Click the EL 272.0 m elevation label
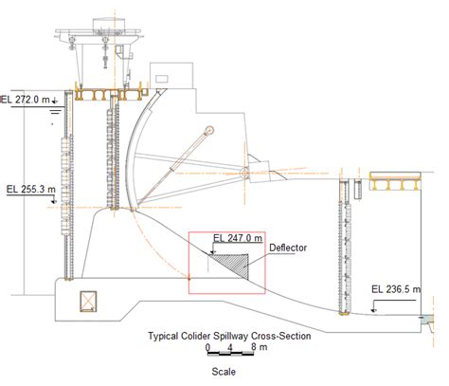[x=26, y=100]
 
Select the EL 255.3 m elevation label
[x=31, y=190]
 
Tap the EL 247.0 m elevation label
[x=238, y=237]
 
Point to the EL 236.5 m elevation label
[x=396, y=289]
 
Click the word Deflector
[x=288, y=248]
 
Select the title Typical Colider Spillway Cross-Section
[x=229, y=336]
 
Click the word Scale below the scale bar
[x=224, y=372]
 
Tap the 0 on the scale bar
[x=207, y=347]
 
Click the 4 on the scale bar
[x=230, y=347]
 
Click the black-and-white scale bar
[x=230, y=354]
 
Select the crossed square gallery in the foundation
[x=88, y=301]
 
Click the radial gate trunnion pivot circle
[x=244, y=173]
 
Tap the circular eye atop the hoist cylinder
[x=208, y=131]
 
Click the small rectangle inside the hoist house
[x=160, y=78]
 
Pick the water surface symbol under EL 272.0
[x=56, y=111]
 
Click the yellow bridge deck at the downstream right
[x=396, y=182]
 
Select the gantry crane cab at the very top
[x=109, y=24]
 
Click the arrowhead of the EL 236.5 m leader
[x=373, y=310]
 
